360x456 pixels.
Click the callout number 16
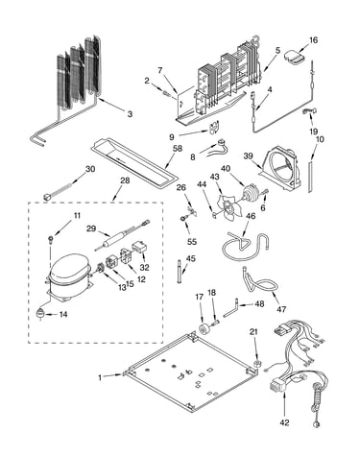[x=313, y=40]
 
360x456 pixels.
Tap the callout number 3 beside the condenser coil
[x=130, y=114]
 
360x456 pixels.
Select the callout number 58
[x=177, y=148]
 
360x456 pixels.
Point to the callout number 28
[x=125, y=180]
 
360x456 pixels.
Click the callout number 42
[x=284, y=422]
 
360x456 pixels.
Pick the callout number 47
[x=281, y=309]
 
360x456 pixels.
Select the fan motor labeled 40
[x=251, y=194]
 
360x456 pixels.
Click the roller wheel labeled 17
[x=203, y=329]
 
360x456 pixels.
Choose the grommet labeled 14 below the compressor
[x=40, y=314]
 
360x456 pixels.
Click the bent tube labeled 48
[x=231, y=308]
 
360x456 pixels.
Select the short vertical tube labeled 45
[x=179, y=272]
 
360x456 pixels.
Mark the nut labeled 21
[x=256, y=364]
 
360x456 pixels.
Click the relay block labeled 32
[x=139, y=247]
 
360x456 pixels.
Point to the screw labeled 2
[x=166, y=93]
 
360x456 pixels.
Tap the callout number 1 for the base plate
[x=100, y=377]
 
